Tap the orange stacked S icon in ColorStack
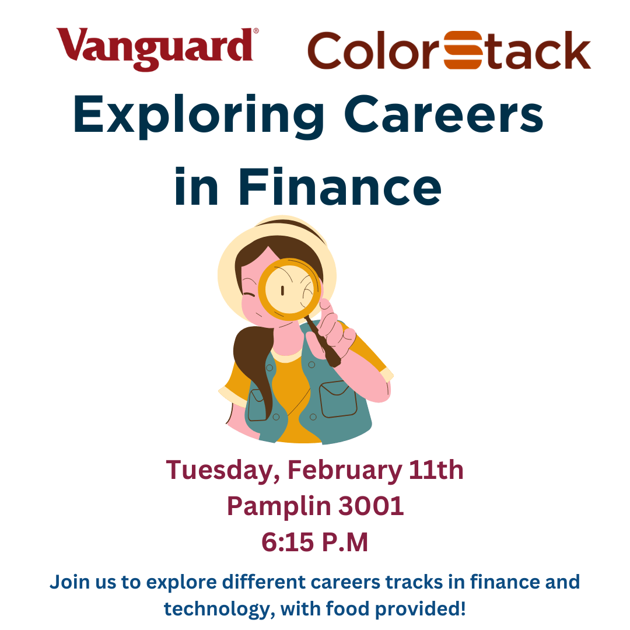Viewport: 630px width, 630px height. pyautogui.click(x=463, y=50)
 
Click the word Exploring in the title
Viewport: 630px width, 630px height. pyautogui.click(x=198, y=116)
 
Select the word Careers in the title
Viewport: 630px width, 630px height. pyautogui.click(x=443, y=114)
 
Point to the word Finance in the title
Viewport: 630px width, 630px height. pyautogui.click(x=340, y=187)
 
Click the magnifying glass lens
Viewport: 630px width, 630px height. pyautogui.click(x=289, y=289)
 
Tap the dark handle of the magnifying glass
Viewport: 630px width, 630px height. pyautogui.click(x=323, y=341)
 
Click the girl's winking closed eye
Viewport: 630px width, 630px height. pyautogui.click(x=250, y=296)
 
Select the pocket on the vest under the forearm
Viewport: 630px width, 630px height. pyautogui.click(x=338, y=398)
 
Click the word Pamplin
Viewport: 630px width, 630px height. pyautogui.click(x=279, y=507)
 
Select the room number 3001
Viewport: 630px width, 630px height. pyautogui.click(x=371, y=506)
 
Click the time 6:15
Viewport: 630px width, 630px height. pyautogui.click(x=287, y=542)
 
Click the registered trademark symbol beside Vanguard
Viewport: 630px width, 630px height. pyautogui.click(x=256, y=30)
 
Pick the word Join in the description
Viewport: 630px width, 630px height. pyautogui.click(x=69, y=582)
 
